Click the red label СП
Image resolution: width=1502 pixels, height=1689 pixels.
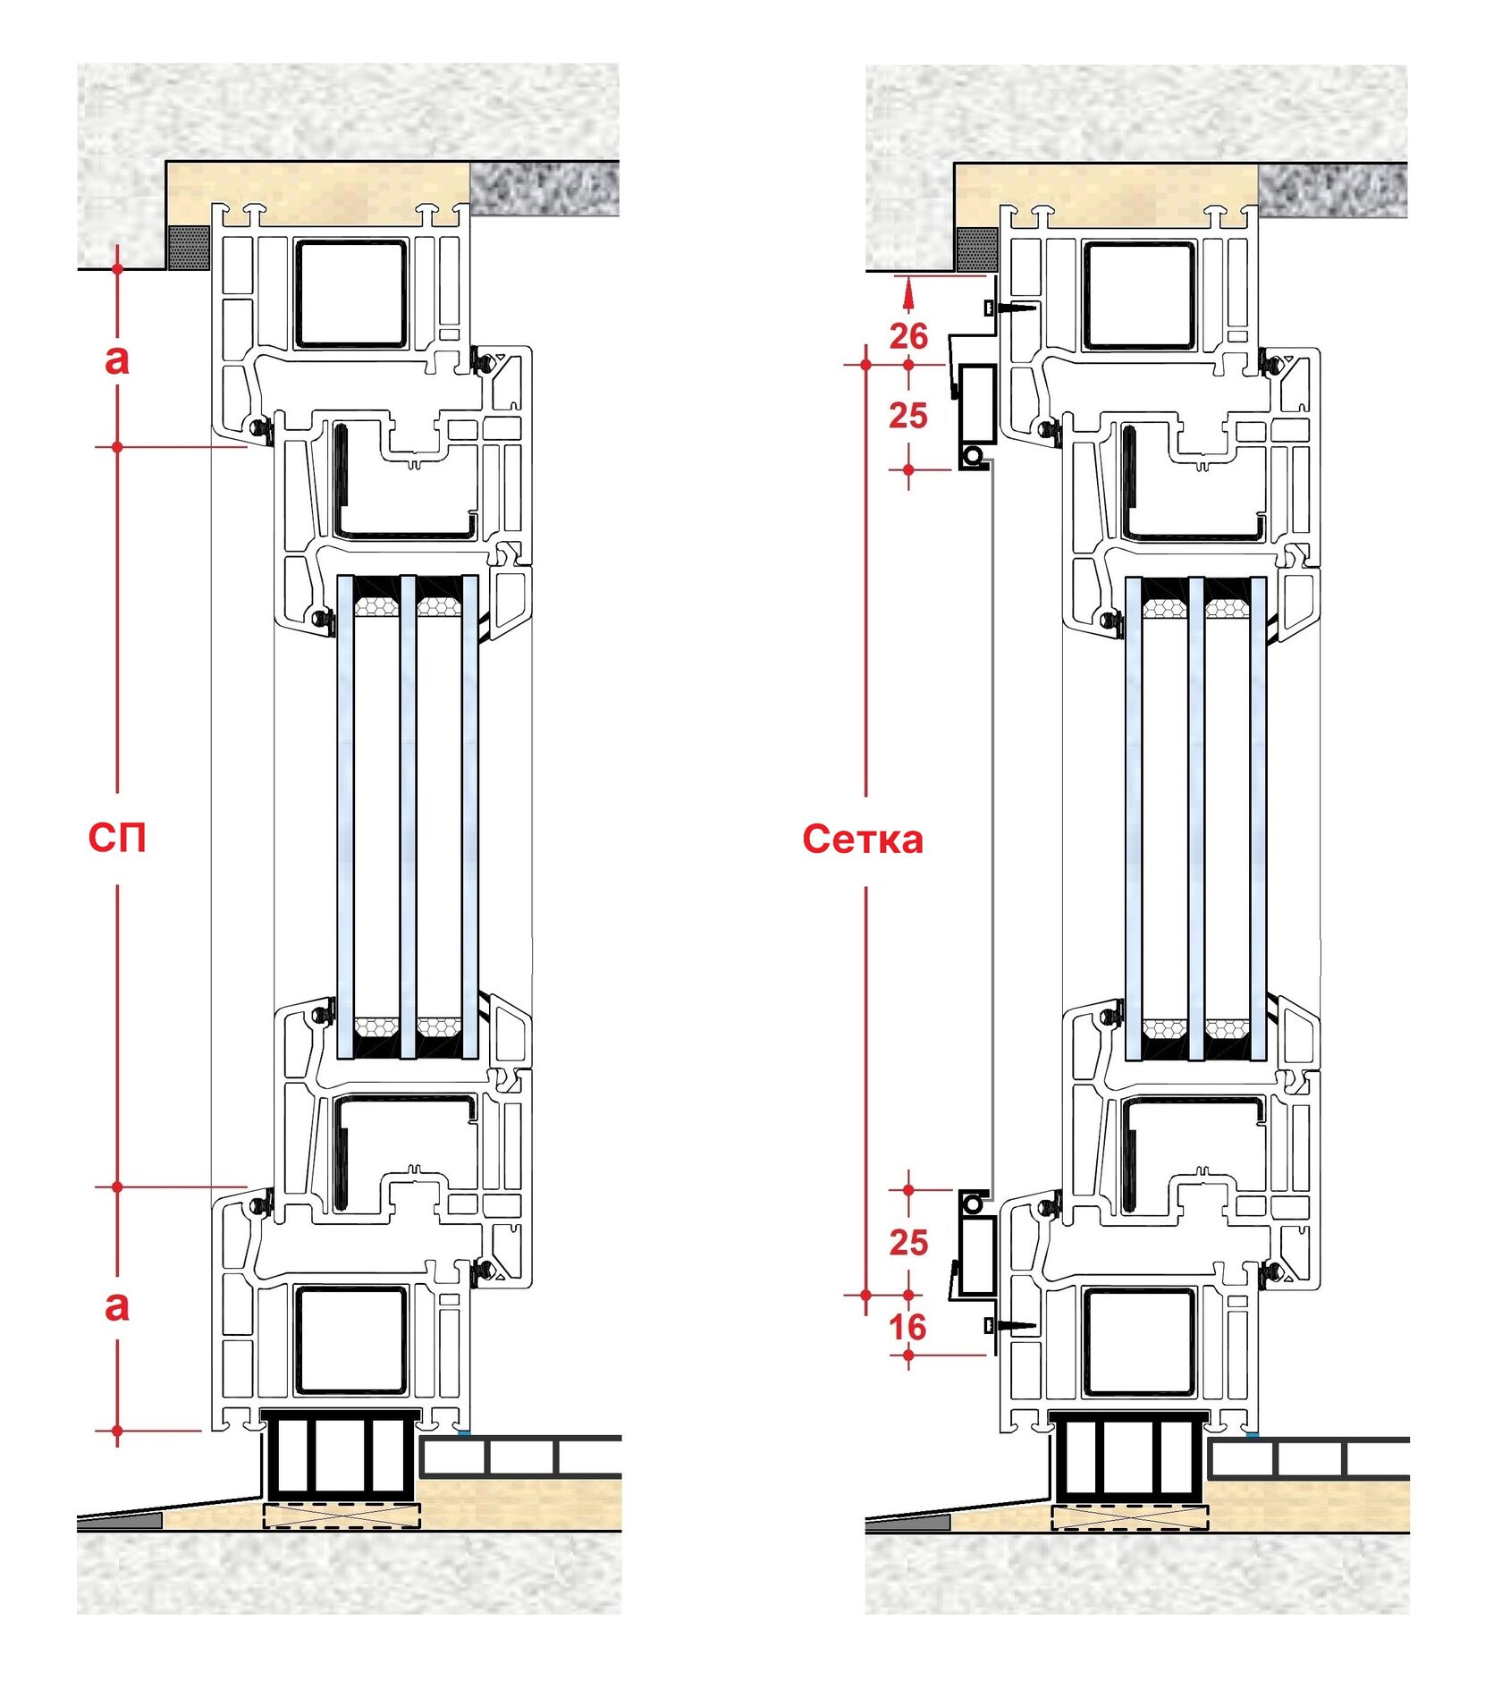coord(116,838)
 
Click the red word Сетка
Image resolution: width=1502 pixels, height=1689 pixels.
coord(863,840)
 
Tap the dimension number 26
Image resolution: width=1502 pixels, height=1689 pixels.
coord(908,336)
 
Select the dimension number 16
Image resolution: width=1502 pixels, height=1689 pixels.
coord(907,1327)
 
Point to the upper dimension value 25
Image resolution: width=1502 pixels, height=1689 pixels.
coord(908,416)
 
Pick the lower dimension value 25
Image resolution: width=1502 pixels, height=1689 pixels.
coord(908,1242)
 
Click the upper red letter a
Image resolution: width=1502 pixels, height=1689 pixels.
coord(117,359)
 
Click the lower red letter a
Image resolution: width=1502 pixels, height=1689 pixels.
coord(117,1306)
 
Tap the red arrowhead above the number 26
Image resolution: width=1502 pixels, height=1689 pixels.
coord(908,291)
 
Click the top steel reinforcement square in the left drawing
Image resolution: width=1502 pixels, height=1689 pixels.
coord(351,292)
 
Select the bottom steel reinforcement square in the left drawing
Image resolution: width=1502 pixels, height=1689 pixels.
coord(351,1339)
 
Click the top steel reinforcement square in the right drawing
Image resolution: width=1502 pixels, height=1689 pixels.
coord(1139,294)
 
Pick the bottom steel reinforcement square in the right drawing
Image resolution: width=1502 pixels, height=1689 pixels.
coord(1139,1341)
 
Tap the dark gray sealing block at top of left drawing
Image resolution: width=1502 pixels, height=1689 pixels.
coord(189,247)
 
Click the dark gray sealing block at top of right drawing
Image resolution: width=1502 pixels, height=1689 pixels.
coord(976,249)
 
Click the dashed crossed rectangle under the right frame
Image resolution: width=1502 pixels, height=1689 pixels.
coord(1129,1517)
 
